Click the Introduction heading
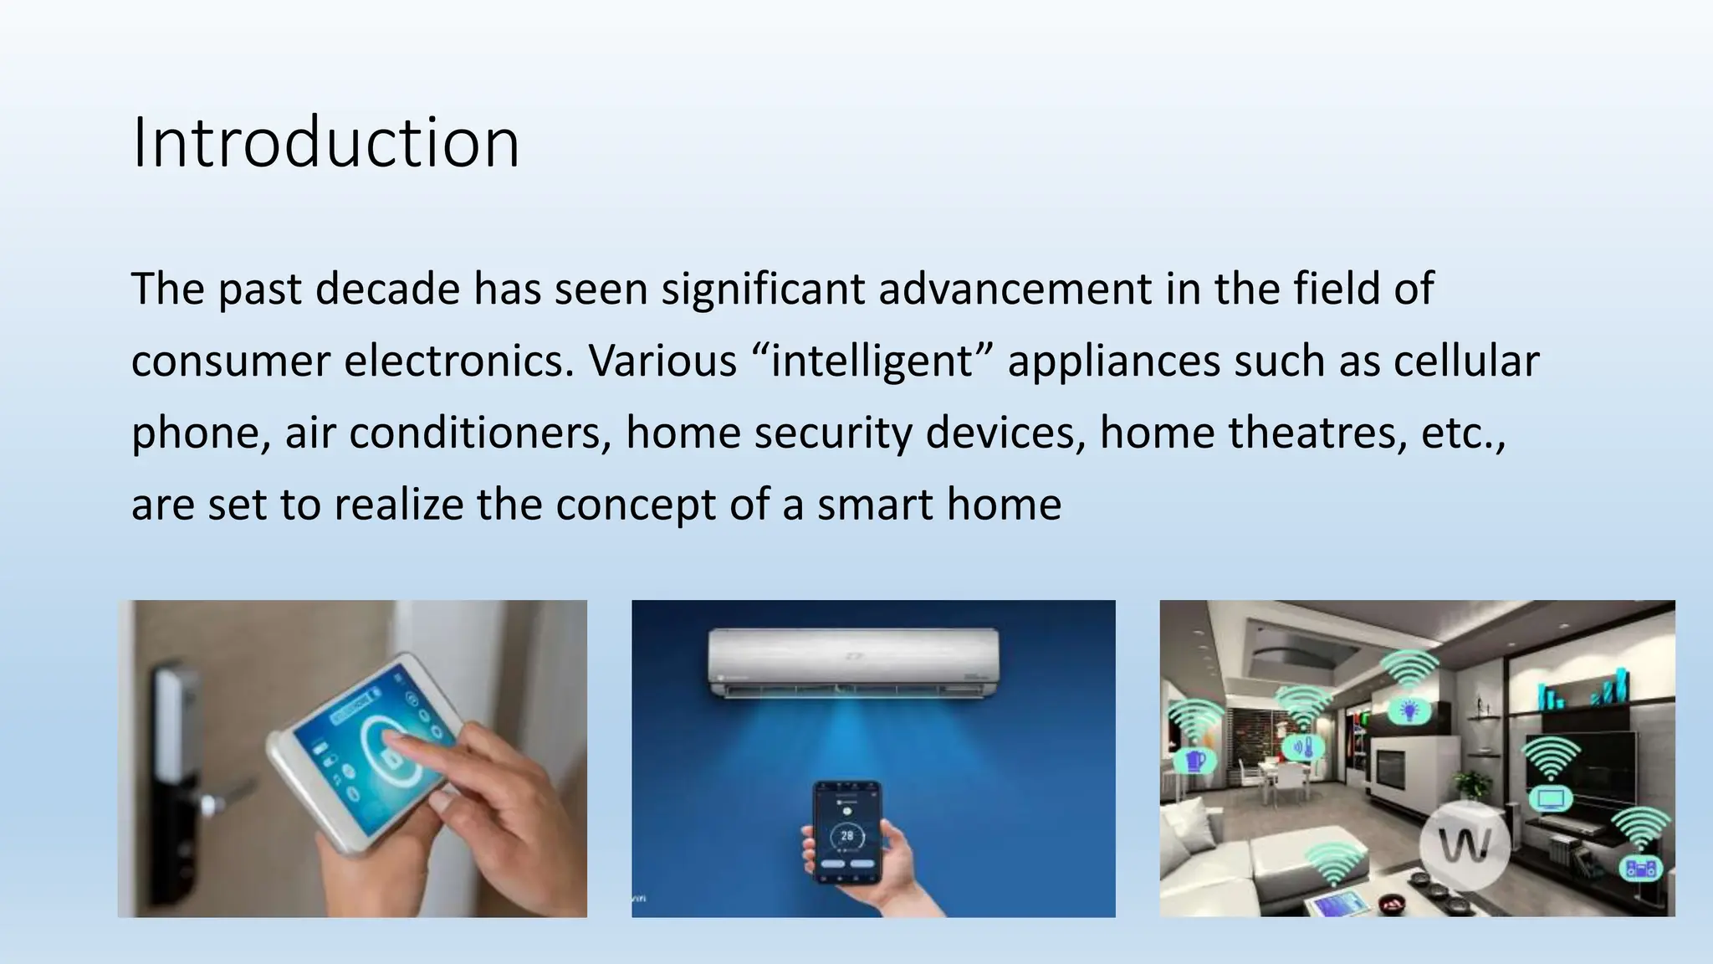[x=325, y=142]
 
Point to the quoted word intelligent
[x=872, y=361]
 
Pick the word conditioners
[x=481, y=433]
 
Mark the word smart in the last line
[x=875, y=505]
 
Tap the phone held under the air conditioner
[x=848, y=832]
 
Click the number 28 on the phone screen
[x=847, y=835]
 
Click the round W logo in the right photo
[x=1465, y=845]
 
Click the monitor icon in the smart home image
[x=1550, y=797]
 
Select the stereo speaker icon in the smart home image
[x=1640, y=869]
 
